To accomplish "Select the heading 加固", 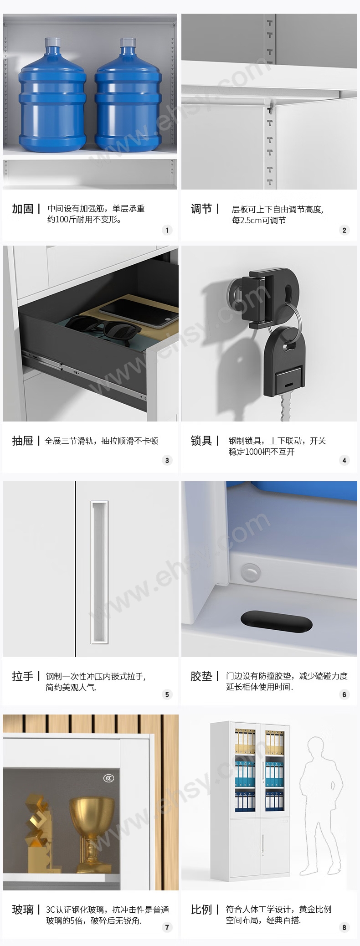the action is pyautogui.click(x=23, y=209).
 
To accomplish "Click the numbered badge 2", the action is pyautogui.click(x=344, y=230).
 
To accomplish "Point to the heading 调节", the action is pyautogui.click(x=201, y=209).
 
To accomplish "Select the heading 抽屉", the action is pyautogui.click(x=23, y=441).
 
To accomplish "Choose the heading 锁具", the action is pyautogui.click(x=201, y=441).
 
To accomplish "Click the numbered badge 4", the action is pyautogui.click(x=344, y=460).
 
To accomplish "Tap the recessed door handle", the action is pyautogui.click(x=99, y=572).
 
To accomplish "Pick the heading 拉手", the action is pyautogui.click(x=23, y=676).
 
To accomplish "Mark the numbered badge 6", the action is pyautogui.click(x=344, y=694).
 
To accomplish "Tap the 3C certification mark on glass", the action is pyautogui.click(x=108, y=778).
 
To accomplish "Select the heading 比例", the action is pyautogui.click(x=201, y=910).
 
